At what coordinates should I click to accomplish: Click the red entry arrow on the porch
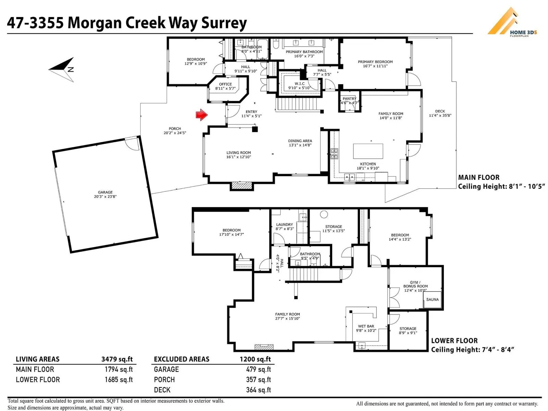tap(201, 115)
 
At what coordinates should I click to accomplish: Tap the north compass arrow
tap(63, 70)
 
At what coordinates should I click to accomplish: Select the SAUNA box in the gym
tap(432, 300)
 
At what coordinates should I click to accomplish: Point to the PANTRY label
tap(349, 99)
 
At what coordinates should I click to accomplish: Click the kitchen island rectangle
tap(368, 151)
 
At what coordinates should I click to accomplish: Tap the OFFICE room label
tap(225, 84)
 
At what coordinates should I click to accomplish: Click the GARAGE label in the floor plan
tap(105, 192)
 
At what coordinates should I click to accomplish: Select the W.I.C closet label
tap(299, 84)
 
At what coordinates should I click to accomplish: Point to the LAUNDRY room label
tap(284, 225)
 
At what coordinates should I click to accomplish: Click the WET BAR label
tap(366, 326)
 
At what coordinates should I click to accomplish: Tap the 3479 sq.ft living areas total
tap(117, 359)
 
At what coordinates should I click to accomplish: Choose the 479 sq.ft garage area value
tap(258, 370)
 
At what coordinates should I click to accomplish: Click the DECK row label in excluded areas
tap(162, 390)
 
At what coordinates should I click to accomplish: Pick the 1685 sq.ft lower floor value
tap(119, 380)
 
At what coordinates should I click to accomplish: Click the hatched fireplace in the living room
tap(242, 186)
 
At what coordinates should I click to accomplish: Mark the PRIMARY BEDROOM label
tap(375, 62)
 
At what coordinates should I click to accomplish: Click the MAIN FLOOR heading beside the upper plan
tap(478, 177)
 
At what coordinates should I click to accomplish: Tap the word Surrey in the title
tap(224, 23)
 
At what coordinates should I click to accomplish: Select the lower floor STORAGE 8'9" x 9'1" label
tap(408, 329)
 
